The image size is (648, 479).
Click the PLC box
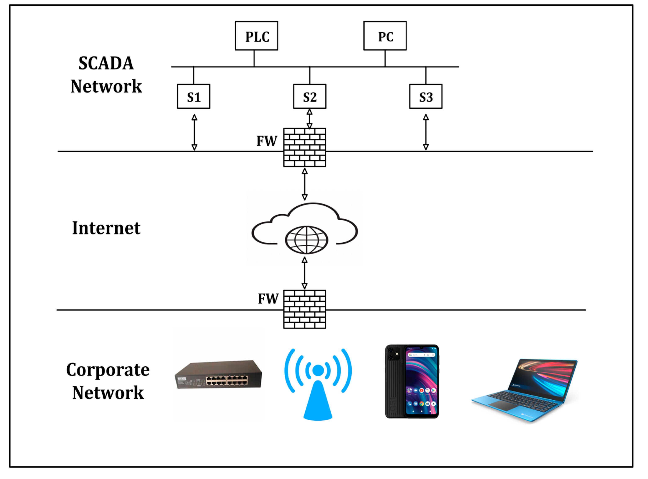(256, 36)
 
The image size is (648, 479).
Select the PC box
(385, 36)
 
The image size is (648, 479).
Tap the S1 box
(194, 97)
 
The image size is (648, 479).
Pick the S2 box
(310, 97)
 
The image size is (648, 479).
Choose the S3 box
(426, 97)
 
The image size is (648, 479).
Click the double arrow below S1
(194, 132)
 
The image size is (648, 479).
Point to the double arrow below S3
(426, 132)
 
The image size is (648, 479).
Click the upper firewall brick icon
(305, 147)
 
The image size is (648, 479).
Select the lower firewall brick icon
(305, 309)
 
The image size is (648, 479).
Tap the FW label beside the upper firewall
(267, 141)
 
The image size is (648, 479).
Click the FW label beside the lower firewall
(268, 299)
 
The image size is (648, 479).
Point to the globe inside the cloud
(306, 240)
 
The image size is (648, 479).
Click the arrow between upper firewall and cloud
(305, 184)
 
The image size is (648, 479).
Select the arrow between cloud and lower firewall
(305, 273)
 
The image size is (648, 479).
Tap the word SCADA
(106, 63)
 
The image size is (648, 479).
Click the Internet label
(106, 228)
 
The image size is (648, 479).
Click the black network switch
(218, 375)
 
